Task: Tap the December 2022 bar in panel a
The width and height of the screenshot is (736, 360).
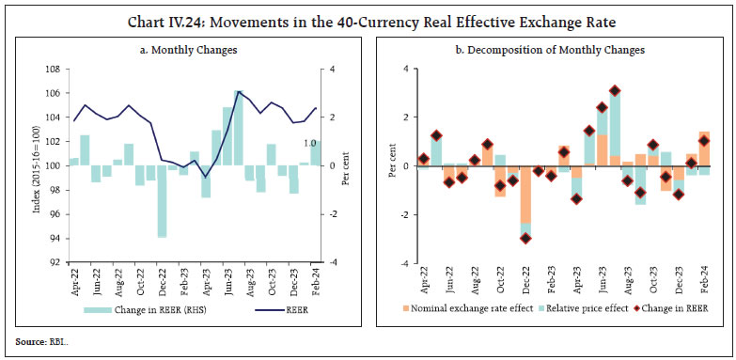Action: coord(163,201)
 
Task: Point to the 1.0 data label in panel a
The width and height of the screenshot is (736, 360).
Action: coord(307,143)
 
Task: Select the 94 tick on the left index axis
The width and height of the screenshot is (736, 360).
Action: coord(56,239)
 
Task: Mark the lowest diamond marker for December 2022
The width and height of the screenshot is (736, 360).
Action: coord(525,238)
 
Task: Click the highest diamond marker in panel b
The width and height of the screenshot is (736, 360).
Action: coord(615,91)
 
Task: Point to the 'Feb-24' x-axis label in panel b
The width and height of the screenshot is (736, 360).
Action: coord(703,279)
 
